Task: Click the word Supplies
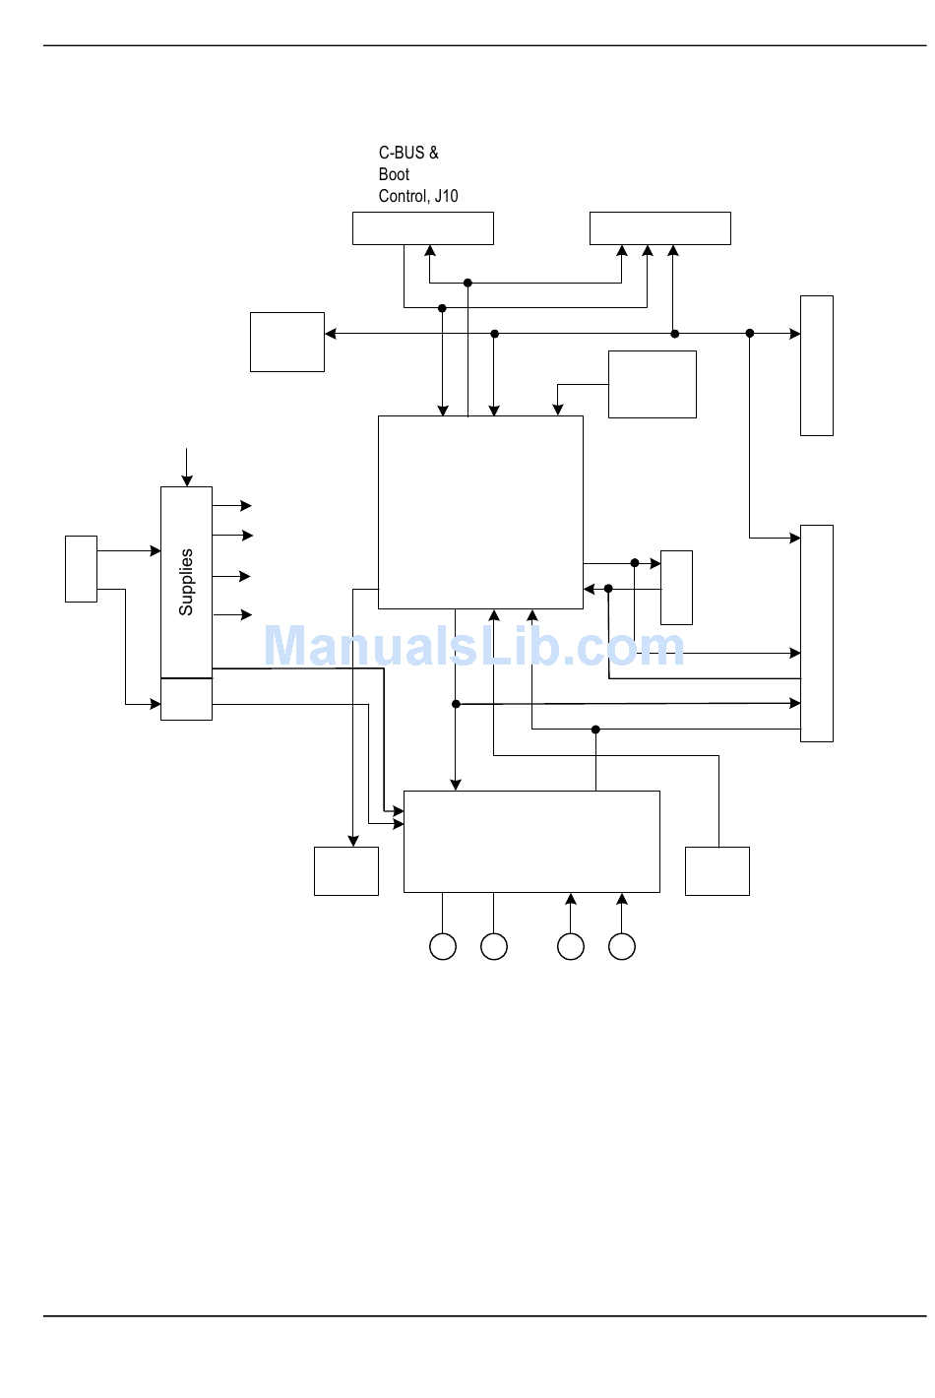click(186, 582)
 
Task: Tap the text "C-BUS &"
click(408, 153)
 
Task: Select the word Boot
click(394, 174)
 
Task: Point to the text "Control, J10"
click(418, 196)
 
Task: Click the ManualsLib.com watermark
click(473, 647)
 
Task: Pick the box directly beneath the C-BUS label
click(423, 228)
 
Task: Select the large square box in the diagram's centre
click(480, 512)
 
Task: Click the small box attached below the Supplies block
click(186, 699)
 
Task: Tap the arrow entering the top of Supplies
click(187, 467)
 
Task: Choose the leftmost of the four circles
click(443, 946)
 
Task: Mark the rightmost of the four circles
click(622, 946)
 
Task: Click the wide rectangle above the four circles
click(531, 842)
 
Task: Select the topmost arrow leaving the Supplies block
click(233, 506)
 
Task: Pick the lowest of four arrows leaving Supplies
click(233, 615)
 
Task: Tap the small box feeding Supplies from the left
click(81, 568)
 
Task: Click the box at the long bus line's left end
click(287, 342)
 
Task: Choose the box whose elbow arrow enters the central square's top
click(652, 384)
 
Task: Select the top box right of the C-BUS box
click(659, 228)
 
